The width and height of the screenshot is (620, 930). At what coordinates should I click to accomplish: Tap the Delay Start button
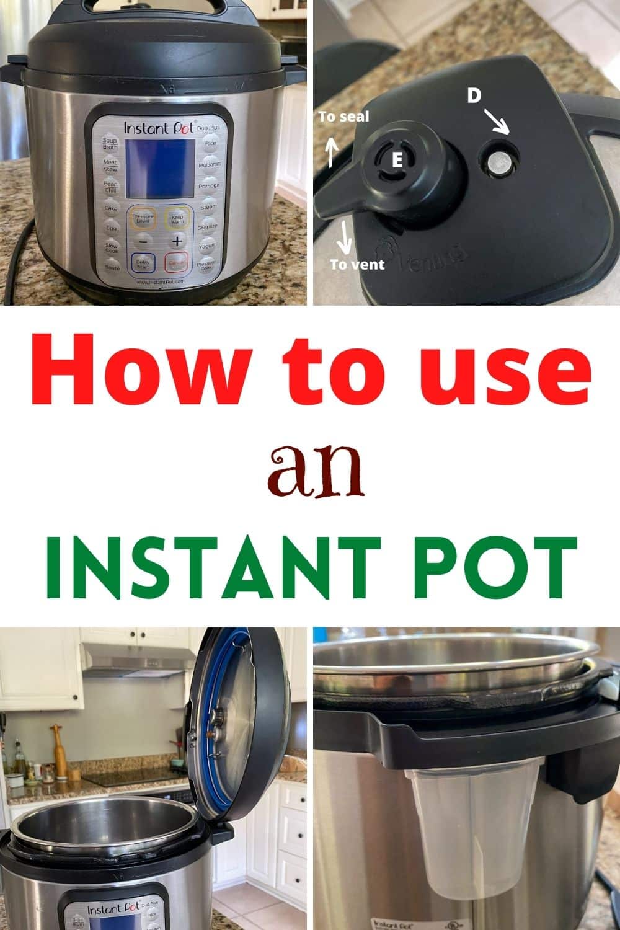pyautogui.click(x=143, y=263)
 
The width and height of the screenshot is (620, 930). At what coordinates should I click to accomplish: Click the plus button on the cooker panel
pyautogui.click(x=177, y=241)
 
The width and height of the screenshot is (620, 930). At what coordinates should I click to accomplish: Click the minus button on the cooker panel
pyautogui.click(x=143, y=241)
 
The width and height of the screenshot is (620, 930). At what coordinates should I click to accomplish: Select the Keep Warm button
pyautogui.click(x=177, y=219)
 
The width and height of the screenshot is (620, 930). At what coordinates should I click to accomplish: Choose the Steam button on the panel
pyautogui.click(x=208, y=207)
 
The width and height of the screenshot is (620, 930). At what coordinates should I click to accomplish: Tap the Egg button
pyautogui.click(x=111, y=228)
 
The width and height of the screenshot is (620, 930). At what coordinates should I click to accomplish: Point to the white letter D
pyautogui.click(x=474, y=96)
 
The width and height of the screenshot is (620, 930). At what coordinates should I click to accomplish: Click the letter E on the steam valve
pyautogui.click(x=397, y=160)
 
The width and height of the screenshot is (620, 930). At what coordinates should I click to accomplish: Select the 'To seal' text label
pyautogui.click(x=343, y=117)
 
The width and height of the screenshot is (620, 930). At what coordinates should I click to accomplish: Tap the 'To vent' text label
pyautogui.click(x=357, y=264)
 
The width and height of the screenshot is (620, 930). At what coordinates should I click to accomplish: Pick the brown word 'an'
pyautogui.click(x=316, y=474)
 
